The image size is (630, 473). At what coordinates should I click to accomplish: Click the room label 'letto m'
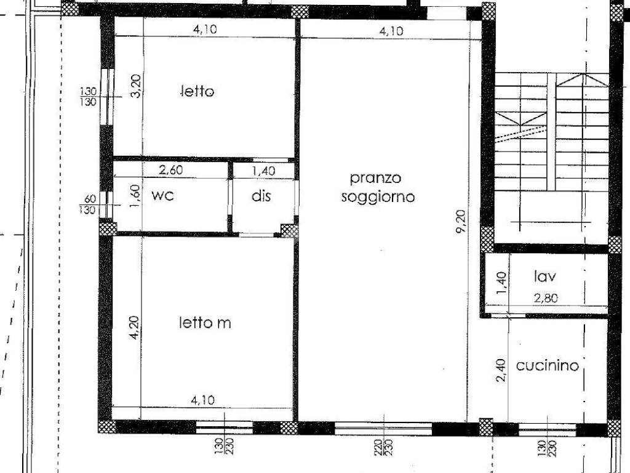tap(205, 323)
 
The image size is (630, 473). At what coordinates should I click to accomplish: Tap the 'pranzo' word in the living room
tap(376, 178)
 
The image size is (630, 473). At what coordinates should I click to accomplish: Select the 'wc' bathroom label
tap(162, 195)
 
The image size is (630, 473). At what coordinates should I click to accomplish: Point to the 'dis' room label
tap(261, 196)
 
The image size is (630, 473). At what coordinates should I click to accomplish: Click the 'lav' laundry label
tap(545, 277)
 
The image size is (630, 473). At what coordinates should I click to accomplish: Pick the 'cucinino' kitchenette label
tap(547, 366)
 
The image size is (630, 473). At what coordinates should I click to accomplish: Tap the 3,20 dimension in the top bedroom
tap(136, 86)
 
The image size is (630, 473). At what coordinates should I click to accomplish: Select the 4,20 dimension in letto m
tap(134, 328)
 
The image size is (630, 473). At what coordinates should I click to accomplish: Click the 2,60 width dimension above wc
tap(171, 170)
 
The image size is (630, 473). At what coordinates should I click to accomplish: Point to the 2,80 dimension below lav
tap(546, 298)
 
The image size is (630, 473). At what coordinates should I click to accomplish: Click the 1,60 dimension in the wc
tap(136, 196)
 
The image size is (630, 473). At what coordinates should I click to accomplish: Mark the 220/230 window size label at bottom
tap(384, 447)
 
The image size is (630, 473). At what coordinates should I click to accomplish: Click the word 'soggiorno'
tap(378, 197)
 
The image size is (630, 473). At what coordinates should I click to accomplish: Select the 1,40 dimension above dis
tap(263, 171)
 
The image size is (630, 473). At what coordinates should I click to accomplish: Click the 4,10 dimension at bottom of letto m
tap(203, 400)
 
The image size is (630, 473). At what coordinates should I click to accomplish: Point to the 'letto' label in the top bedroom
tap(197, 91)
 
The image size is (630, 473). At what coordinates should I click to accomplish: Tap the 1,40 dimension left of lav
tap(501, 283)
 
